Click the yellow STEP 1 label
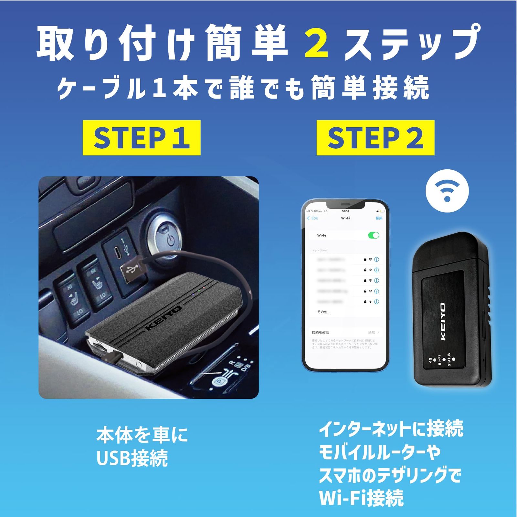[141, 138]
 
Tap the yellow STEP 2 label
[375, 138]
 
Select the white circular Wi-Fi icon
[447, 191]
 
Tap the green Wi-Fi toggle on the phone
[374, 235]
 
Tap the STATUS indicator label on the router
[449, 360]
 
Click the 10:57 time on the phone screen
[345, 211]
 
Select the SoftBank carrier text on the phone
[317, 211]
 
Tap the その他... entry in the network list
[323, 312]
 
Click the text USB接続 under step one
[132, 458]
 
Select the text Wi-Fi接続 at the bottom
[361, 498]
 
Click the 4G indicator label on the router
[430, 360]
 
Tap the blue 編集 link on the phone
[379, 218]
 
